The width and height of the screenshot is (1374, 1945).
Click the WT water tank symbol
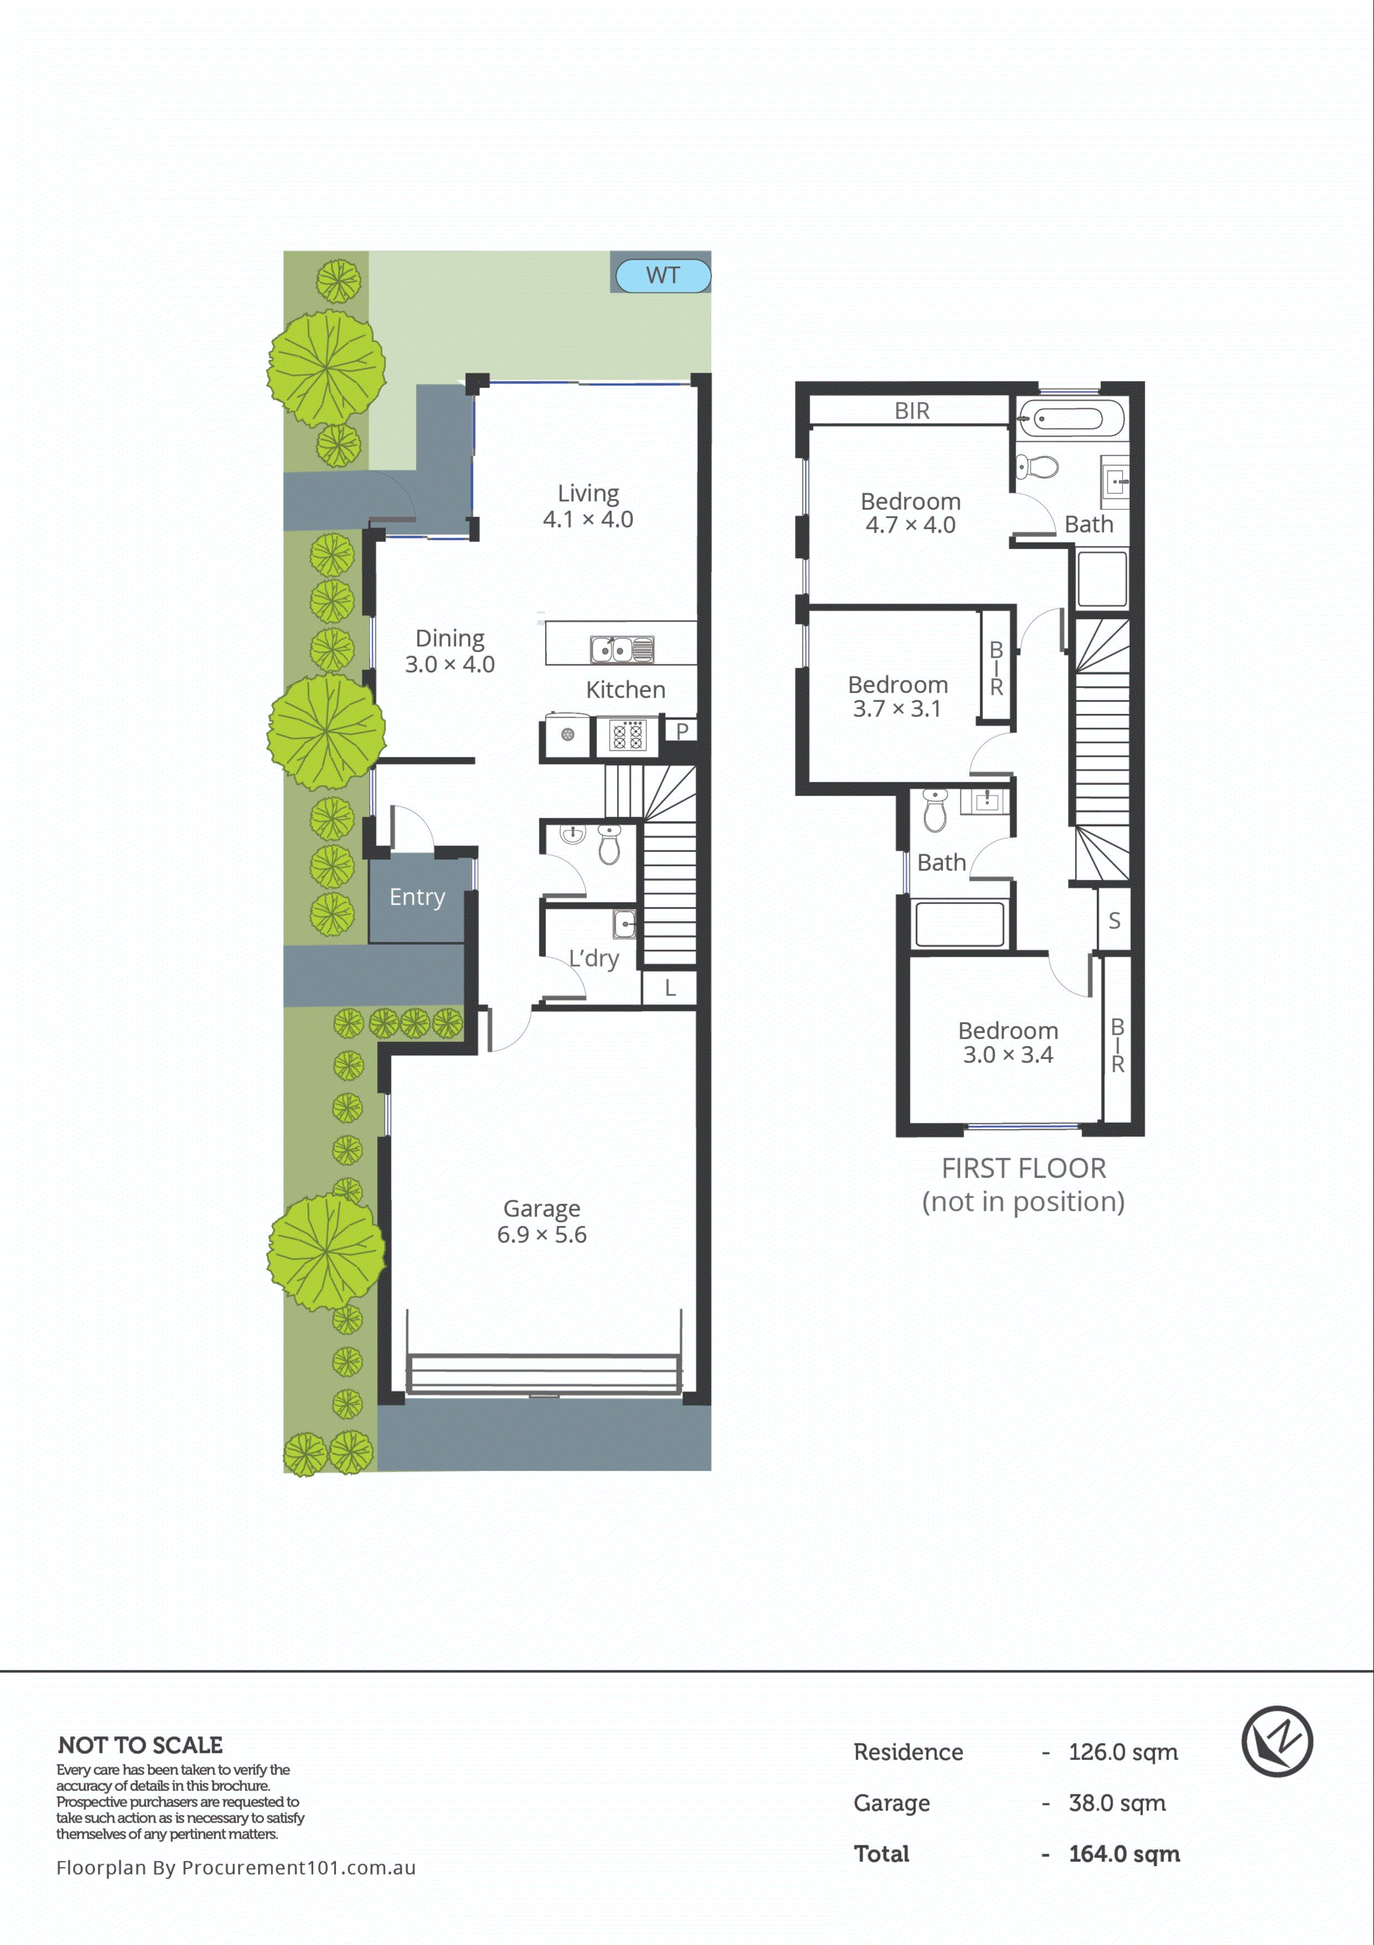click(x=662, y=275)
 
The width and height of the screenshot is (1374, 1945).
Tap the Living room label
click(x=588, y=505)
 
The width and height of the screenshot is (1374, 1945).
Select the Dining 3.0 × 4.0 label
click(x=450, y=651)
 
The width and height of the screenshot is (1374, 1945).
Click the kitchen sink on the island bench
click(x=622, y=650)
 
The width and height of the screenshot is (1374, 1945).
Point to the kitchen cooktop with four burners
click(x=627, y=735)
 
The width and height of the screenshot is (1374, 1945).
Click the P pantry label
click(x=682, y=730)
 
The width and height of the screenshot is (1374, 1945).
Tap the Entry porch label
click(x=417, y=896)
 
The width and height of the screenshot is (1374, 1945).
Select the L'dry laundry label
click(x=594, y=958)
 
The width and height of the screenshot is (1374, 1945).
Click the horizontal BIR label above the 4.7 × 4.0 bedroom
click(x=912, y=411)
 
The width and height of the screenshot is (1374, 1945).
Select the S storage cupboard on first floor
click(x=1114, y=920)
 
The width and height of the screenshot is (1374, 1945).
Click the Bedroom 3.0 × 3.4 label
click(x=1008, y=1042)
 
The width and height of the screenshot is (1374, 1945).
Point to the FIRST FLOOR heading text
click(x=1023, y=1168)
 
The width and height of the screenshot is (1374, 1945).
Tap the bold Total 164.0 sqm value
click(x=1123, y=1854)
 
